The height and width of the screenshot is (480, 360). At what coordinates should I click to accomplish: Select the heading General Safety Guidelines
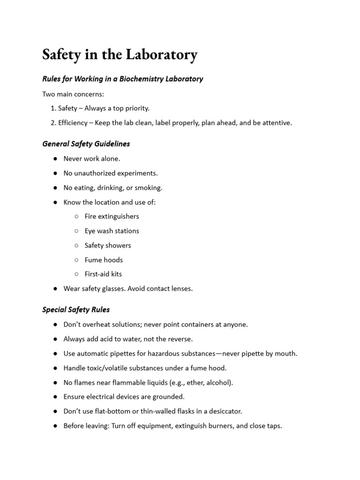pos(86,143)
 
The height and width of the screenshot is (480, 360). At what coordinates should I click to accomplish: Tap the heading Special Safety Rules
pos(76,309)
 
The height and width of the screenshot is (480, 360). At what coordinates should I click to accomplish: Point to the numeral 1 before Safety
pos(52,108)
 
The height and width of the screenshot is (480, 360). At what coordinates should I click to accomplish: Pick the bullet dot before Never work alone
pos(55,159)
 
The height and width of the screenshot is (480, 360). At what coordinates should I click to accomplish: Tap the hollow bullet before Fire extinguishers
pos(76,217)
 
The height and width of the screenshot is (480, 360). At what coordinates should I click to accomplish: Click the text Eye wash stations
pos(112,231)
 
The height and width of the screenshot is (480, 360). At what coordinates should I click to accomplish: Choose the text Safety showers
pos(108,245)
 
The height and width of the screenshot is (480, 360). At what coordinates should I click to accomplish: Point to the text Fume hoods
pos(104,260)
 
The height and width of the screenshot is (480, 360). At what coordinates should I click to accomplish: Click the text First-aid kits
pos(103,274)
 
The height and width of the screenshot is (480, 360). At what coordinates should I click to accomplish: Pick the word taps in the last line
pos(274,426)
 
